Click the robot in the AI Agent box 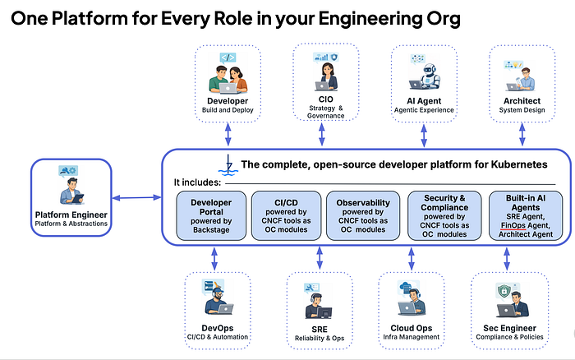[430, 76]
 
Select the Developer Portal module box [211, 216]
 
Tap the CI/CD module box [286, 216]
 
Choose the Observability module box [363, 216]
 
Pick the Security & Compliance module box [444, 216]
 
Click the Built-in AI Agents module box [526, 216]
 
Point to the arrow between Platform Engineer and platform [137, 198]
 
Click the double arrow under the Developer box [228, 134]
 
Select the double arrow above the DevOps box [214, 259]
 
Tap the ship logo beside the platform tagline [228, 165]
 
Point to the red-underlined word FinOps [513, 225]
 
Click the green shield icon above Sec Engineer [504, 292]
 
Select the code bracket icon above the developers [228, 58]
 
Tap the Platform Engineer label [71, 215]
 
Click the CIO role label [325, 99]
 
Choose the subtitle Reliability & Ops [320, 339]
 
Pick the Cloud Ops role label [411, 328]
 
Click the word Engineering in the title [370, 19]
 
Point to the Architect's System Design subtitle [522, 110]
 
